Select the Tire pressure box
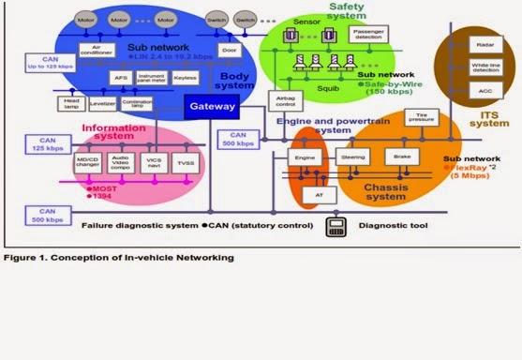[x=417, y=117]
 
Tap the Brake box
[x=402, y=158]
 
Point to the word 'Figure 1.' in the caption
[x=24, y=256]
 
